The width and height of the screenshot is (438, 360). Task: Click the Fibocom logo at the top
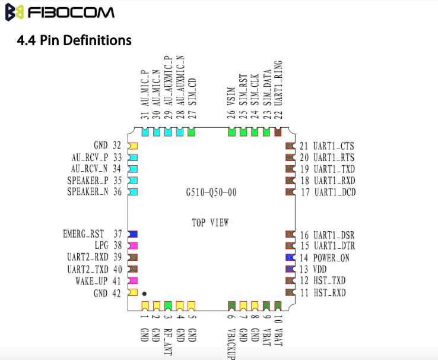coord(60,12)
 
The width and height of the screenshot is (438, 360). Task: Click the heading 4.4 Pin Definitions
coord(74,40)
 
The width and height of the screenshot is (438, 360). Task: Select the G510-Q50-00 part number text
coord(211,192)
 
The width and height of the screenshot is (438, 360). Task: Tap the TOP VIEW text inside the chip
coord(210,223)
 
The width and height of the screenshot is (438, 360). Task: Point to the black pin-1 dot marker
coord(144,293)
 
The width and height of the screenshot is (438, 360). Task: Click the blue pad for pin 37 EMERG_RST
coord(133,234)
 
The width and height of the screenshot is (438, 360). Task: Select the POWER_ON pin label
coord(331,258)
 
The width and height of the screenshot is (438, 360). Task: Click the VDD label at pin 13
coord(320,270)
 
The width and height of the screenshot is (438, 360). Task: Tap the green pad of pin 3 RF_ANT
coord(168,306)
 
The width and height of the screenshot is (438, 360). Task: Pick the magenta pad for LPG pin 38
coord(133,246)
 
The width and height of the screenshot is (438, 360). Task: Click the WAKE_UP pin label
coord(91,281)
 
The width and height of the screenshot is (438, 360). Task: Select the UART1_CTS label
coord(334,146)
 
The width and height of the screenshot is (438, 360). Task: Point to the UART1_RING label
coord(278,83)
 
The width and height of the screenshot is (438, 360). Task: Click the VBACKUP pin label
coord(231,344)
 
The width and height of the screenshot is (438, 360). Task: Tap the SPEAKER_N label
coord(88,192)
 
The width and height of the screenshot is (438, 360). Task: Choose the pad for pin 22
coord(278,132)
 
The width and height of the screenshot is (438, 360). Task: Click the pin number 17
coord(305,192)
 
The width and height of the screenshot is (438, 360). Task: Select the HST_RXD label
coord(329,293)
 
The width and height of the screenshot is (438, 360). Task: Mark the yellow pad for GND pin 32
coord(133,146)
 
